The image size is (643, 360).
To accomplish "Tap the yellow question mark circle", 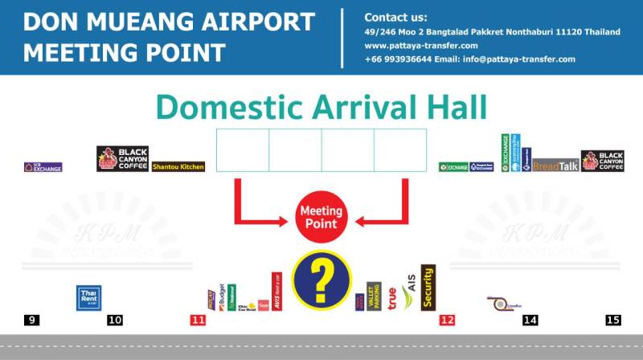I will pos(321,280).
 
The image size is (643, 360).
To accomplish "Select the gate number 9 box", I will pos(31,320).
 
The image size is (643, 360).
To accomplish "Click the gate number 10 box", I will pos(115,320).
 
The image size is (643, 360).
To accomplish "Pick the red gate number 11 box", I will pos(198,320).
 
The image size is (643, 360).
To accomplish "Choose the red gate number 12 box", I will pos(447,320).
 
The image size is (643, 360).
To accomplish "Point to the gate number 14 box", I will pos(530,320).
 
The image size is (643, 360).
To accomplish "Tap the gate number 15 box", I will pos(613,320).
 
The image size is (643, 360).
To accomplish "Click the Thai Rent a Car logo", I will pos(88,297).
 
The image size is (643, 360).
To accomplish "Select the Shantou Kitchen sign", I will pos(178,167).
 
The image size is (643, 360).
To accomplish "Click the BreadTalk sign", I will pos(555,166).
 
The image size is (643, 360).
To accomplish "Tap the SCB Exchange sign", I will pos(43,167).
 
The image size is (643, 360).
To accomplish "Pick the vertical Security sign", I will pos(428,287).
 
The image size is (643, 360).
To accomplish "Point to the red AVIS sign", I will pos(276,291).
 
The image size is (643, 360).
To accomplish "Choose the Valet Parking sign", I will pos(373,297).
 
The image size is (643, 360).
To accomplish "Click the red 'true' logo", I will pos(391,298).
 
